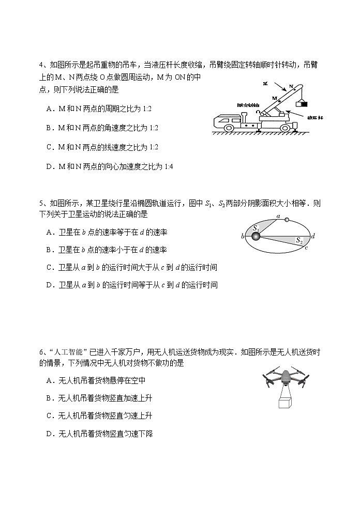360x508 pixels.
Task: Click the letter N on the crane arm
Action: [291, 86]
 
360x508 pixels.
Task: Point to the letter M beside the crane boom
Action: [275, 97]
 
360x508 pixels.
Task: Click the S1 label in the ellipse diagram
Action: [256, 228]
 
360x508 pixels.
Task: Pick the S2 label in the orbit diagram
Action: [299, 240]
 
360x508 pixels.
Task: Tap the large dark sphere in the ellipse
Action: [256, 237]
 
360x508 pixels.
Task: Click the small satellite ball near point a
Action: [288, 220]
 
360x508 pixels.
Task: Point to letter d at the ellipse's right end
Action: [313, 236]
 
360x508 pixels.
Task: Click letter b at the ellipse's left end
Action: [243, 237]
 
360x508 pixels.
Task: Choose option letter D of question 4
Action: [49, 166]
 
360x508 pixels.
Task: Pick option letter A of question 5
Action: [49, 233]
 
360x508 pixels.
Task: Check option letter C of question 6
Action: [49, 416]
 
